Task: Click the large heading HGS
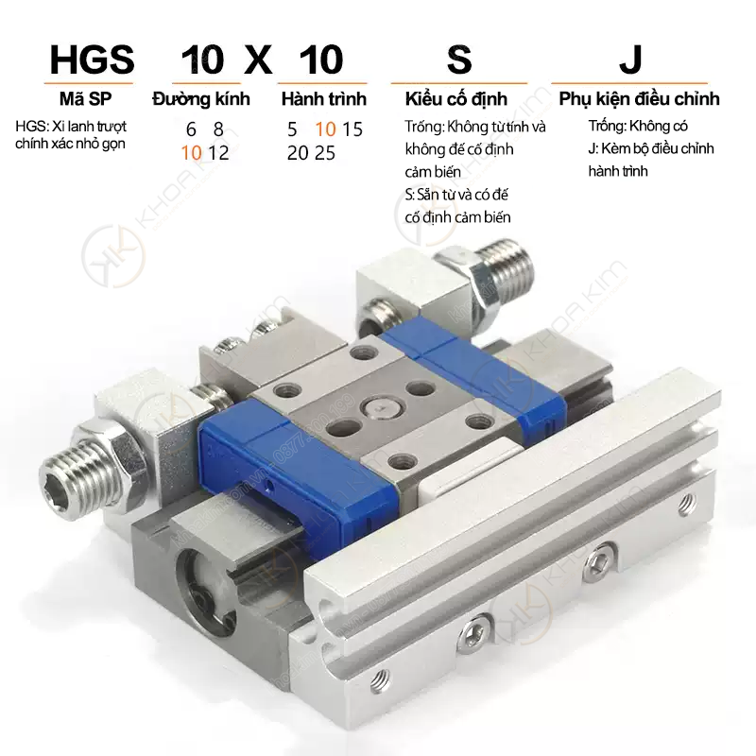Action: pyautogui.click(x=92, y=60)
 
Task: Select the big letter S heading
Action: pyautogui.click(x=459, y=60)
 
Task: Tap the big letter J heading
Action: pyautogui.click(x=630, y=60)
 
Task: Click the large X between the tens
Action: pyautogui.click(x=258, y=60)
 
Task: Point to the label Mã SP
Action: pyautogui.click(x=85, y=99)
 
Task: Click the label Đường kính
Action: pyautogui.click(x=201, y=99)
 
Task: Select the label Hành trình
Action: pyautogui.click(x=324, y=99)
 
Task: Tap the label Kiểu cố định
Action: pyautogui.click(x=456, y=99)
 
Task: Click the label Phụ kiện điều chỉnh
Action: pyautogui.click(x=640, y=99)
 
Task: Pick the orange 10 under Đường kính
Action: pyautogui.click(x=191, y=153)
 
